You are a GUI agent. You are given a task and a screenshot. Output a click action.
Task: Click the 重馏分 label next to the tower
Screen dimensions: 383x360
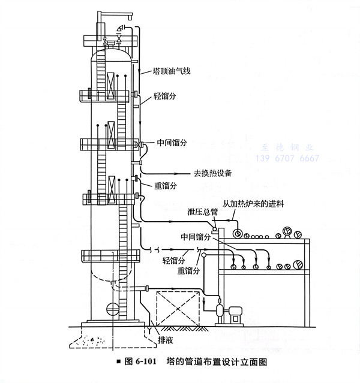click(x=166, y=186)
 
